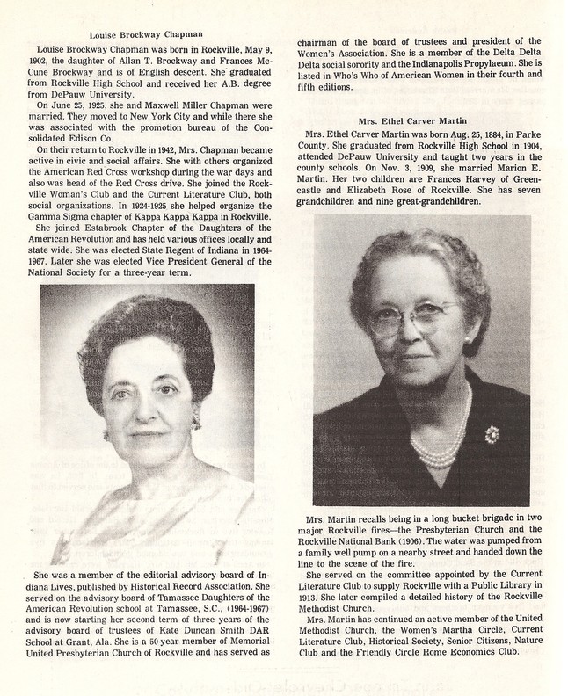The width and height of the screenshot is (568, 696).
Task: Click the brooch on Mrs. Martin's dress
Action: pos(491,433)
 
